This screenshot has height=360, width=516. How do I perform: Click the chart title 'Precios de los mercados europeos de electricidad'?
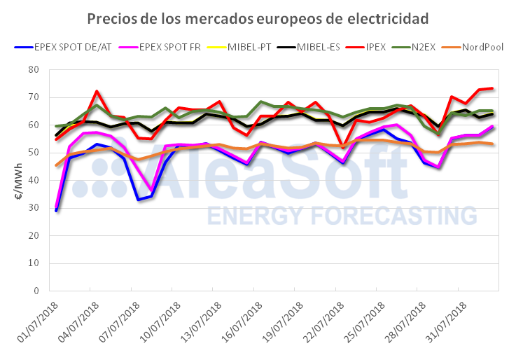[x=258, y=17]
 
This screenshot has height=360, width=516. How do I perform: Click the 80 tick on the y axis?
[x=33, y=70]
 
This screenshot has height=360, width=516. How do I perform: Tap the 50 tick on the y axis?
[x=33, y=153]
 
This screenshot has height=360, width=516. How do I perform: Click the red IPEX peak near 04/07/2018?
[x=97, y=91]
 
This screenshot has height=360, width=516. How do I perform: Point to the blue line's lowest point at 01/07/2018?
[x=56, y=210]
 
